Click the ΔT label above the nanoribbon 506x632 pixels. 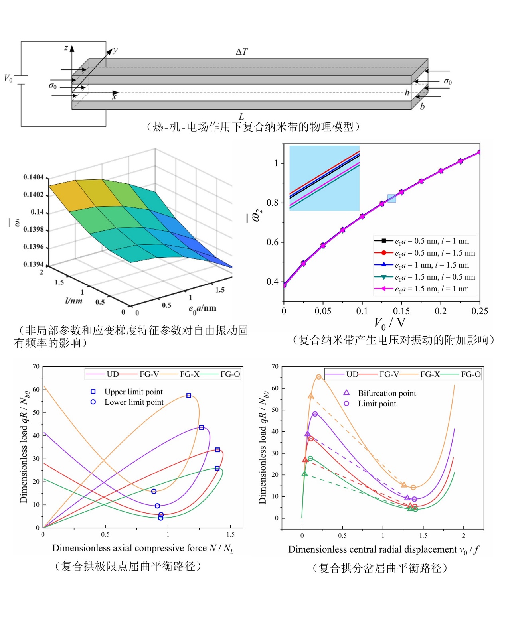(x=241, y=52)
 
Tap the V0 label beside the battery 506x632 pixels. (x=8, y=78)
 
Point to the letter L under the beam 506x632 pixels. (x=241, y=116)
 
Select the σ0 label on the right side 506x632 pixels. (x=448, y=81)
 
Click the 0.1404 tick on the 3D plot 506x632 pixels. (x=34, y=177)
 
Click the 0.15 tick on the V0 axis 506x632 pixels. (x=401, y=311)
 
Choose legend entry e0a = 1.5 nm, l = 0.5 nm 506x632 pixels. (x=435, y=277)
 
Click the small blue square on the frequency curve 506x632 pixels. (x=392, y=198)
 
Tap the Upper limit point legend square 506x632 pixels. (x=93, y=392)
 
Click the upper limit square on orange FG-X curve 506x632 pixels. (x=189, y=396)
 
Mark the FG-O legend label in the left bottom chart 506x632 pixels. (x=230, y=374)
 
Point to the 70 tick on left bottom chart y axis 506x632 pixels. (x=36, y=366)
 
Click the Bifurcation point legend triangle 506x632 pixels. (x=346, y=393)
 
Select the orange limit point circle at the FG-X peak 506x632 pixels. (x=319, y=377)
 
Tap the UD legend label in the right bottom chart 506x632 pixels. (x=352, y=374)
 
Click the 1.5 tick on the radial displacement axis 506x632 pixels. (x=423, y=536)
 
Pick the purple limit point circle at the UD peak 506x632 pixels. (x=315, y=414)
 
